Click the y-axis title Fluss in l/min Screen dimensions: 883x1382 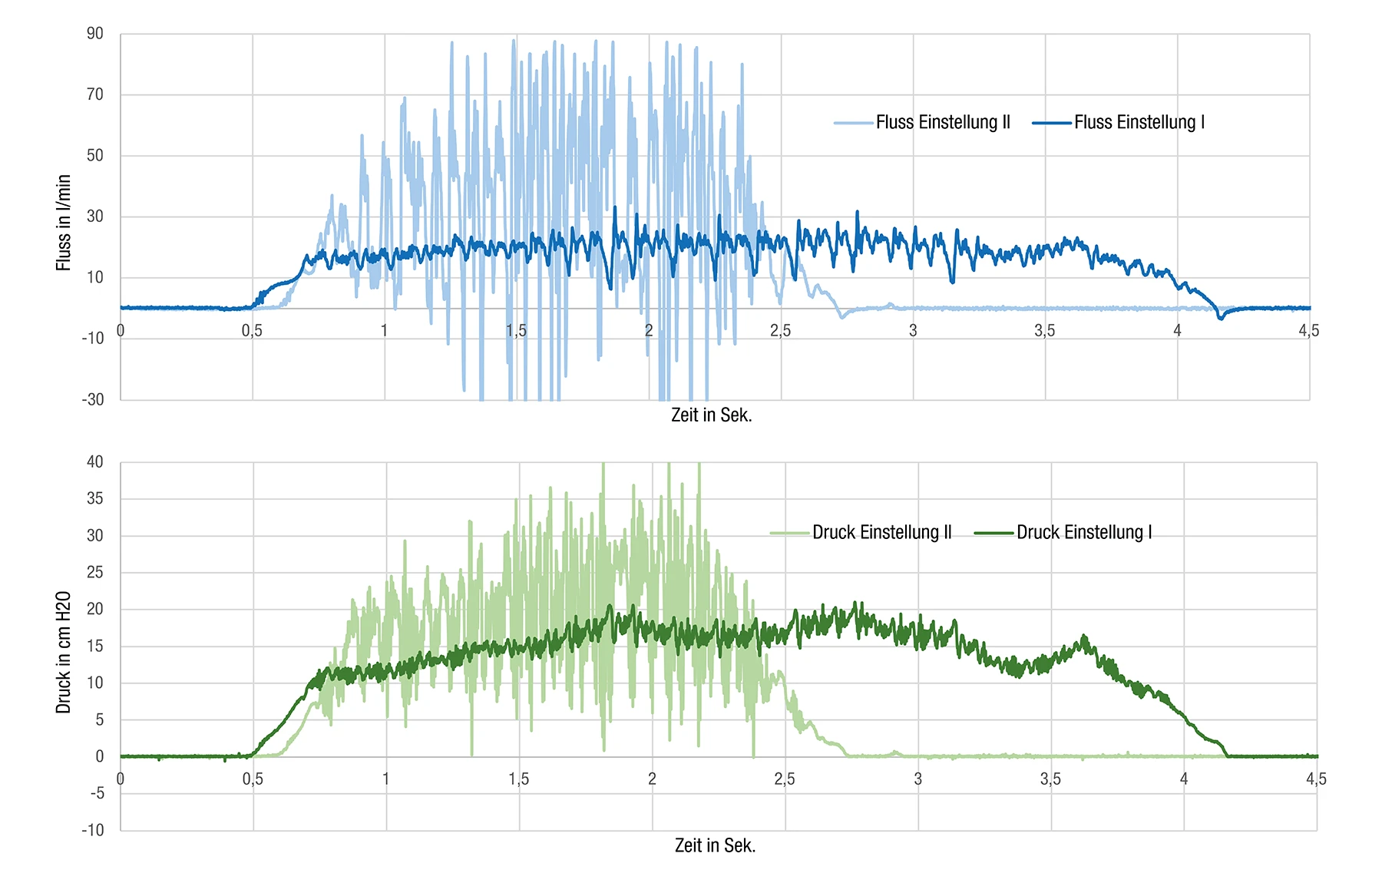pyautogui.click(x=63, y=223)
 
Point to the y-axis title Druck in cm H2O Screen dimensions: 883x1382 pyautogui.click(x=63, y=652)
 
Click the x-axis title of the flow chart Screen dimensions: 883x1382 pyautogui.click(x=711, y=415)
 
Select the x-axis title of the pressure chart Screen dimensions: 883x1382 pyautogui.click(x=715, y=845)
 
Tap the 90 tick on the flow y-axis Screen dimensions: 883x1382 pyautogui.click(x=94, y=34)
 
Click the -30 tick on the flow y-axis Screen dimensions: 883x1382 pyautogui.click(x=93, y=399)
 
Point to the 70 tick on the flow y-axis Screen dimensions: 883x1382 pyautogui.click(x=94, y=94)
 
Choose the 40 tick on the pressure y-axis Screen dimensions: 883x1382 pyautogui.click(x=94, y=461)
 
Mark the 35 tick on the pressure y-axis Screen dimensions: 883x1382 pyautogui.click(x=94, y=498)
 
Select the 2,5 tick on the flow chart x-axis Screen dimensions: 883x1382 pyautogui.click(x=780, y=331)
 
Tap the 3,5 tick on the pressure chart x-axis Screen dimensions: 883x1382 pyautogui.click(x=1050, y=779)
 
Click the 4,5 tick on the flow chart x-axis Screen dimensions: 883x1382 pyautogui.click(x=1308, y=331)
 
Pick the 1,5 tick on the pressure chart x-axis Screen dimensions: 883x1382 pyautogui.click(x=518, y=779)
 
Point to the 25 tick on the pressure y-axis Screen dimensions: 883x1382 pyautogui.click(x=94, y=572)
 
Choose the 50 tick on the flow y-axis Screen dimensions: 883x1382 pyautogui.click(x=94, y=155)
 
